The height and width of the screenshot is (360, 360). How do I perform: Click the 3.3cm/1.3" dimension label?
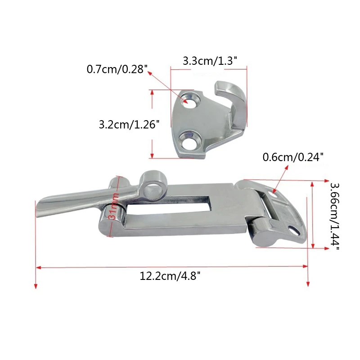pyautogui.click(x=210, y=60)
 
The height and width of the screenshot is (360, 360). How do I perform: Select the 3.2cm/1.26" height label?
pyautogui.click(x=129, y=124)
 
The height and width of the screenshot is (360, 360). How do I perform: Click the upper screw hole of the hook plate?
pyautogui.click(x=189, y=101)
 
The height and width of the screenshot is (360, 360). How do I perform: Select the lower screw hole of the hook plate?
pyautogui.click(x=189, y=140)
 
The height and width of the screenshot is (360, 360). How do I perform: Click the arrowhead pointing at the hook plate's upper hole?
pyautogui.click(x=184, y=100)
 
